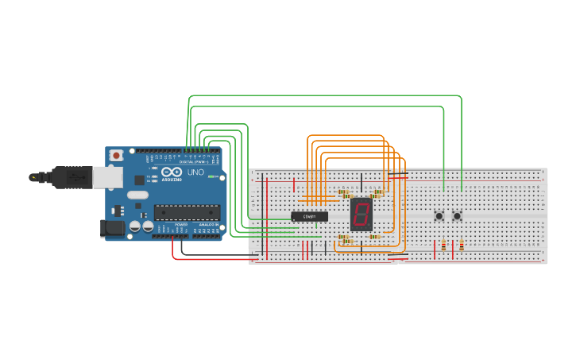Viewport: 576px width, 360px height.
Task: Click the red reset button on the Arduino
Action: pos(117,155)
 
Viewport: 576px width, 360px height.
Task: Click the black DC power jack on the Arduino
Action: pos(114,228)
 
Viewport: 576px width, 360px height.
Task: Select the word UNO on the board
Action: pos(195,172)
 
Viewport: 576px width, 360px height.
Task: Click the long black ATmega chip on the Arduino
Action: pos(187,212)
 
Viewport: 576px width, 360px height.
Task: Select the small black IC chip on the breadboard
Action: pos(309,216)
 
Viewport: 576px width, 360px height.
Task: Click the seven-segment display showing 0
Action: pos(361,214)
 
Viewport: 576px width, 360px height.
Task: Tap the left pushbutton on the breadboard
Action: pos(439,215)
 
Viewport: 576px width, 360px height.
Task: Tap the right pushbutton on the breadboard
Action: pos(457,215)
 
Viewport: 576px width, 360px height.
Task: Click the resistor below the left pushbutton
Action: pos(443,246)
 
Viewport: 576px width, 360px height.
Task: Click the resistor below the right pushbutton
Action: pos(461,246)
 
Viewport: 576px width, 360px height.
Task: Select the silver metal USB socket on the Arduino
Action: pos(107,176)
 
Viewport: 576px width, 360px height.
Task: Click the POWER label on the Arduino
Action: pos(181,225)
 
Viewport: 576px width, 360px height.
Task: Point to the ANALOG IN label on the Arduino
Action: pos(208,225)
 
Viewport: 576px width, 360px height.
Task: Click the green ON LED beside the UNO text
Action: pos(211,176)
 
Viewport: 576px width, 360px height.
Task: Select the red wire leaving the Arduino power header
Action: pos(207,259)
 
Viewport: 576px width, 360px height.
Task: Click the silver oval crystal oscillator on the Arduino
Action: pos(137,195)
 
